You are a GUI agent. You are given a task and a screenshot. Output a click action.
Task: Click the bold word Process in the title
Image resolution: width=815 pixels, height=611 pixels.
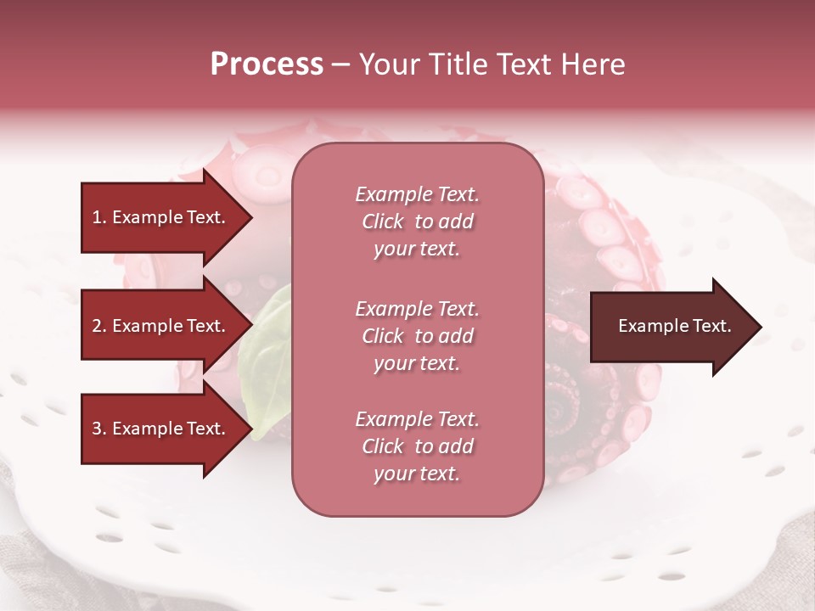coord(267,64)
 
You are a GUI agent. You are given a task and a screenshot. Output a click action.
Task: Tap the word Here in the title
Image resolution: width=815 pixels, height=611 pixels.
coord(591,64)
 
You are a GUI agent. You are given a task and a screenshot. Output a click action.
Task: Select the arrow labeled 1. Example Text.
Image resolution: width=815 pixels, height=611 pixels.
coord(161,217)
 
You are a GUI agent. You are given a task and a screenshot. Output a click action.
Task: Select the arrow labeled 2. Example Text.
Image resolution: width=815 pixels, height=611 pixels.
coord(161,326)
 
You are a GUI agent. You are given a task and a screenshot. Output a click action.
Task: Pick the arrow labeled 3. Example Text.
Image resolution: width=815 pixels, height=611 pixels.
coord(161,429)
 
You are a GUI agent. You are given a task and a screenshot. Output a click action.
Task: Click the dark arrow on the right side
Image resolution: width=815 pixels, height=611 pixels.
coord(671,327)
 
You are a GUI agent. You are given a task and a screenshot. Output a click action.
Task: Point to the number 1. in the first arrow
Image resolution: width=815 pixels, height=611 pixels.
coord(99,217)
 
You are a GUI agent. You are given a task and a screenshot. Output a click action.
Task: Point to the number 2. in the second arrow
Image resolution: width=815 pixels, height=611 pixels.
coord(99,326)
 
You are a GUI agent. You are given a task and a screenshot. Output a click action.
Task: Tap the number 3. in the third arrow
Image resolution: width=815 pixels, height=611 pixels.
coord(99,429)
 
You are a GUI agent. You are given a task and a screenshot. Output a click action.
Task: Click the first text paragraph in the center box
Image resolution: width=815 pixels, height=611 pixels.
coord(417,221)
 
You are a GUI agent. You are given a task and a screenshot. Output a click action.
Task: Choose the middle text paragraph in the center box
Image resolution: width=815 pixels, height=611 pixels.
coord(417,336)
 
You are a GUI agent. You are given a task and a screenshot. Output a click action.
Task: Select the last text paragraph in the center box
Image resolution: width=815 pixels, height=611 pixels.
coord(417,446)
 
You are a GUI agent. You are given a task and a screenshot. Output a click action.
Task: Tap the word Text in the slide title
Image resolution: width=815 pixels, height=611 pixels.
coord(520,64)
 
